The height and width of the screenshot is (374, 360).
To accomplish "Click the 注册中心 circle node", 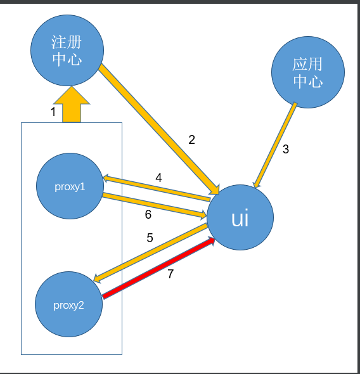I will click(67, 50).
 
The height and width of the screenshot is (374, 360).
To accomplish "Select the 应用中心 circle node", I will click(307, 72).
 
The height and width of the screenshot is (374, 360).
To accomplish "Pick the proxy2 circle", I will click(68, 304).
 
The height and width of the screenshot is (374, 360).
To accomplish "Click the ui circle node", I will click(240, 218).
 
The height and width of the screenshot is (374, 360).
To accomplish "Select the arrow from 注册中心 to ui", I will click(158, 127).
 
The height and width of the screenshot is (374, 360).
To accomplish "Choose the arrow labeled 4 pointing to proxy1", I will click(156, 189).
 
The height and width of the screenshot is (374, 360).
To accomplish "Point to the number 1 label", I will click(53, 112).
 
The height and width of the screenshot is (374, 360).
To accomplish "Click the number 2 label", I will click(191, 140).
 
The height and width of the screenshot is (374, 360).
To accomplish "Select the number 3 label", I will click(286, 150).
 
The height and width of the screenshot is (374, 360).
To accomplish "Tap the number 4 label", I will click(158, 177).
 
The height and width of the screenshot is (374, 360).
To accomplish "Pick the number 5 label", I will click(150, 238).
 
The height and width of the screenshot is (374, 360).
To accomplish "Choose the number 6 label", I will click(148, 215).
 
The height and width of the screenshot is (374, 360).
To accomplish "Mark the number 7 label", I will click(170, 274).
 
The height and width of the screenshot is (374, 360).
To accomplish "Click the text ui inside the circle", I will click(240, 219).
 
